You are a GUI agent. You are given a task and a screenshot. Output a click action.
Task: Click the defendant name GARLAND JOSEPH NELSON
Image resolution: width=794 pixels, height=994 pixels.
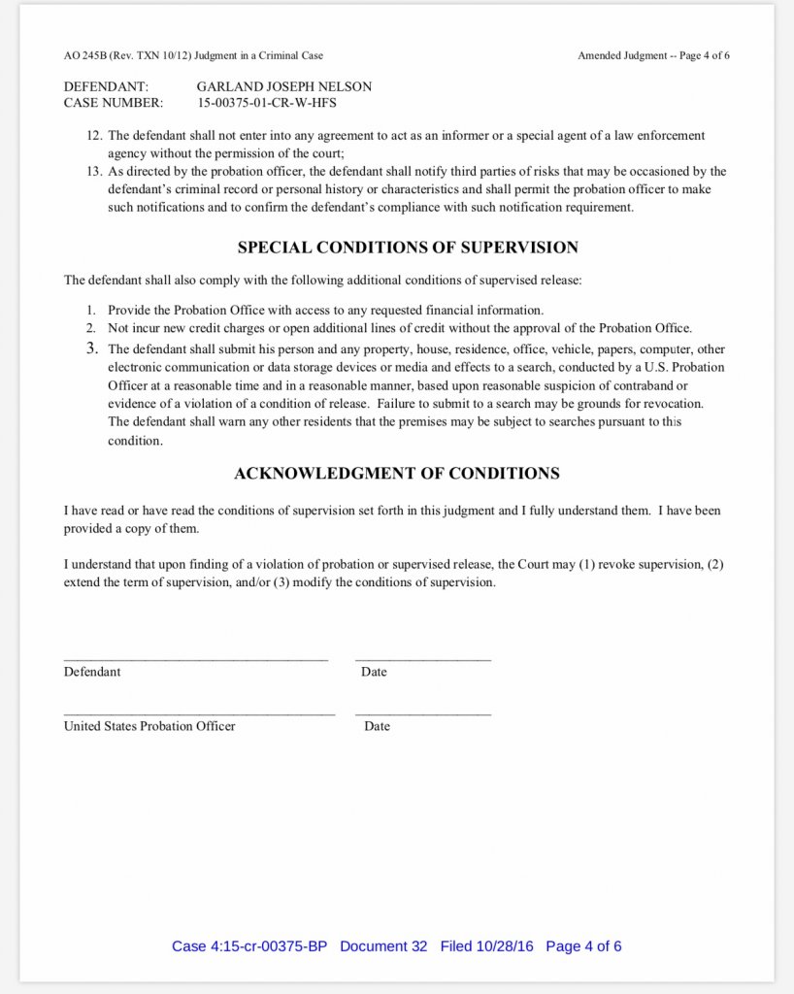click(x=283, y=86)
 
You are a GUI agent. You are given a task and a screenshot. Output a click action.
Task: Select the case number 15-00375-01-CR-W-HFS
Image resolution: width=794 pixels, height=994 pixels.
click(x=267, y=102)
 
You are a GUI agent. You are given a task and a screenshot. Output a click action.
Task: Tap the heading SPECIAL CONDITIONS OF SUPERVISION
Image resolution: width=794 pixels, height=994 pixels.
click(x=408, y=248)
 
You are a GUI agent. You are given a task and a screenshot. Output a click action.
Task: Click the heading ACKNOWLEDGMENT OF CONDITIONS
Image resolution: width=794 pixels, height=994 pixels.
click(x=397, y=474)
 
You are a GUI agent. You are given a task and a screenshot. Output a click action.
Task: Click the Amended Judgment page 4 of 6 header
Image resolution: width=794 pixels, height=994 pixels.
click(x=653, y=55)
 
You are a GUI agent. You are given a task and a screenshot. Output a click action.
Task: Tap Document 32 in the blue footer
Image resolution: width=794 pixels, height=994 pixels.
click(x=383, y=946)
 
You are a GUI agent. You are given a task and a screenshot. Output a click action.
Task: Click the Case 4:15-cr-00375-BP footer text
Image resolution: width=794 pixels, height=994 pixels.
click(x=249, y=946)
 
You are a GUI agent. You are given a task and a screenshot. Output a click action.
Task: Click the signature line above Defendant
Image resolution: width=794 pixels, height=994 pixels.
click(x=196, y=660)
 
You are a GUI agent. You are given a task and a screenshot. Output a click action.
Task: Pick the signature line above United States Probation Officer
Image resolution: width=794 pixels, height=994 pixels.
click(x=199, y=714)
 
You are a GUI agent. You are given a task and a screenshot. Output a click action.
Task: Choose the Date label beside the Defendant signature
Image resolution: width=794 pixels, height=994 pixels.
click(x=374, y=672)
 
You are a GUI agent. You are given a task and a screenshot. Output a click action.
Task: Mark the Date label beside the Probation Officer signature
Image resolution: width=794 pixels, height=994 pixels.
click(x=378, y=726)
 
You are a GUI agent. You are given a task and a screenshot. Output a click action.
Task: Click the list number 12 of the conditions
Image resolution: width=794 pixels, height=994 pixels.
click(x=94, y=136)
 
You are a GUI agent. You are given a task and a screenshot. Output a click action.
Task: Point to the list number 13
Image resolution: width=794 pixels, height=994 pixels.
click(x=94, y=172)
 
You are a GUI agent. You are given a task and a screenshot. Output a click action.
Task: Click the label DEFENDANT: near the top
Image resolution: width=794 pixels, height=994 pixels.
click(x=106, y=86)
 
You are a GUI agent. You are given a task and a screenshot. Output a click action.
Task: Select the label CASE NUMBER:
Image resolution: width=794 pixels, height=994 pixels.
click(x=114, y=102)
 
